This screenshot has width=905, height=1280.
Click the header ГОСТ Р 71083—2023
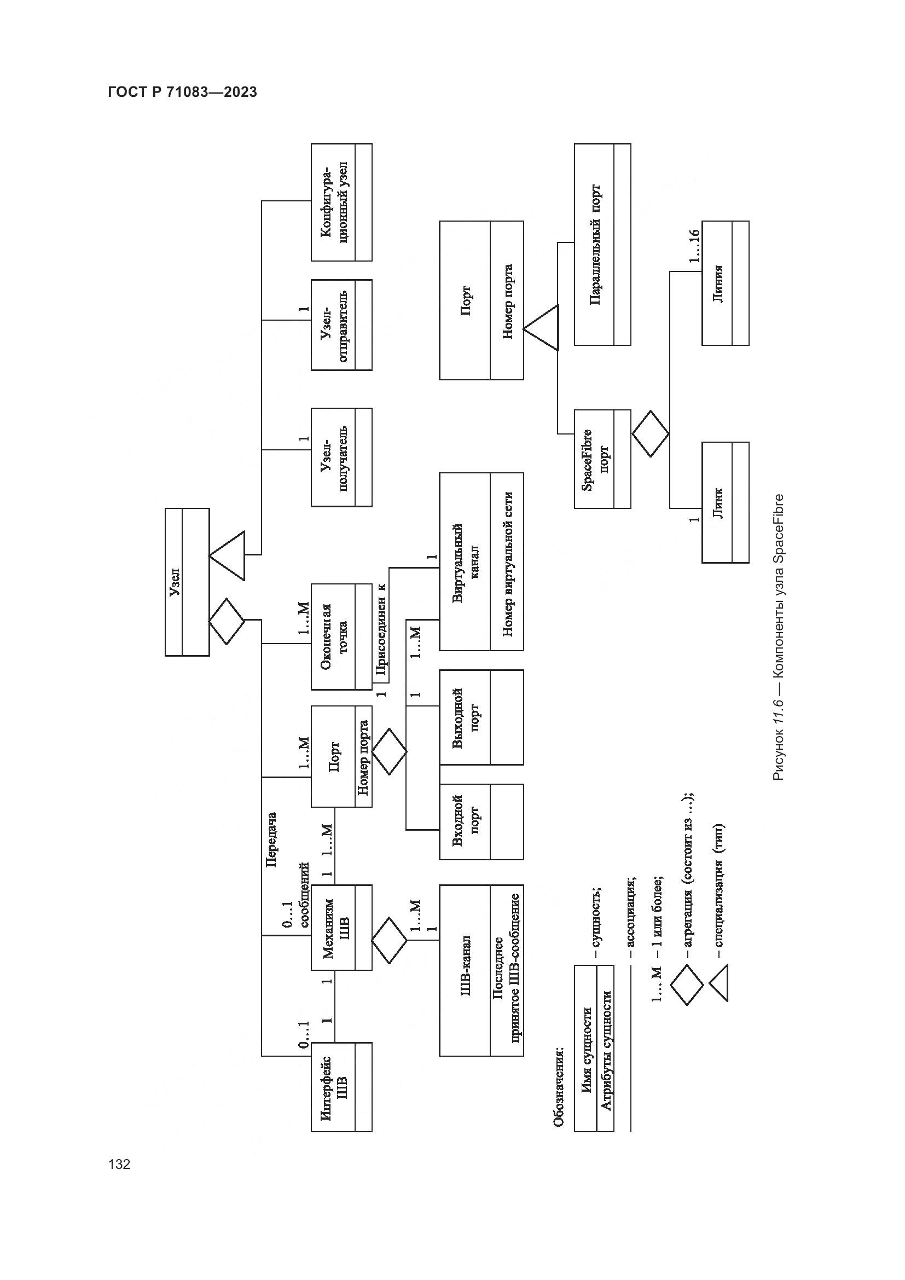pos(182,92)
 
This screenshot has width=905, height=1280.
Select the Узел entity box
pos(187,582)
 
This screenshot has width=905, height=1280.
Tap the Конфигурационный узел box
pos(341,202)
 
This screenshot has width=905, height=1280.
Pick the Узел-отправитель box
pos(341,325)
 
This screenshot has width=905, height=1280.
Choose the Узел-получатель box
pos(341,457)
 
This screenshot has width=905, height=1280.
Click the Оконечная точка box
pos(341,636)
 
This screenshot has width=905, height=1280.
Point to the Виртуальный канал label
pos(465,562)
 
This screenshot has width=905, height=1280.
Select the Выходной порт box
pos(481,717)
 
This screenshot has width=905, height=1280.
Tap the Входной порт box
pos(481,822)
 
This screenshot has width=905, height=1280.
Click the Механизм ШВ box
pos(341,927)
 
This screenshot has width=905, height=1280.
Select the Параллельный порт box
pos(602,244)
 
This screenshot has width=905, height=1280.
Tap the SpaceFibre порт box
pos(602,459)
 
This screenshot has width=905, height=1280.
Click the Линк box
pos(724,502)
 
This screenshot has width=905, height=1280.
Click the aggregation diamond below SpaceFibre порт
pos(651,433)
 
